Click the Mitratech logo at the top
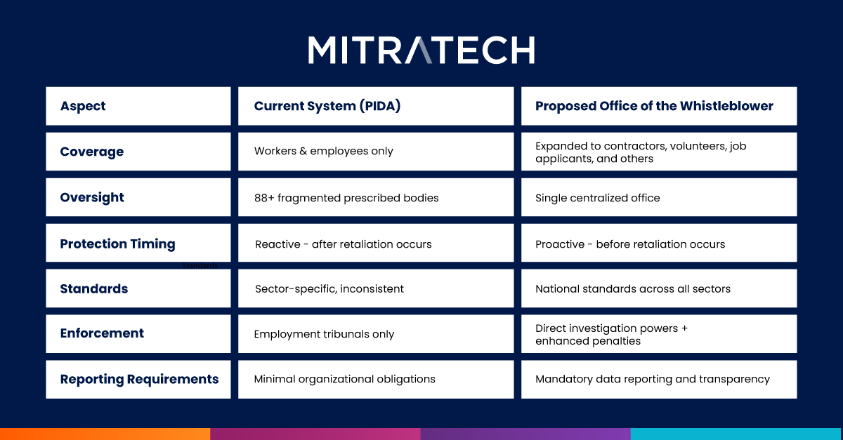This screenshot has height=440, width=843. pos(421,50)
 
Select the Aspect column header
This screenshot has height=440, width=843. pos(83,106)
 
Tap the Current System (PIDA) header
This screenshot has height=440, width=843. pos(327,106)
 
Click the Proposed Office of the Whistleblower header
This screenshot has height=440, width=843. pos(654,106)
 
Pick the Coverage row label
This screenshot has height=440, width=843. pos(92,152)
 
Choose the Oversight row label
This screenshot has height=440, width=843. pos(92,197)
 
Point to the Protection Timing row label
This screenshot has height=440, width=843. pos(117,244)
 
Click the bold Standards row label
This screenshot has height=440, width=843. pos(94,289)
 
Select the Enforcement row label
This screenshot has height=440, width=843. pos(102,333)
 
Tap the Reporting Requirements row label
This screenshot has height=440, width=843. pos(139,379)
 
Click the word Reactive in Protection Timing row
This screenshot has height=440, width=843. pos(277,244)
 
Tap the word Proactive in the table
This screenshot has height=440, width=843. pos(560,244)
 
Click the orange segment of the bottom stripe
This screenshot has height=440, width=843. pos(105,434)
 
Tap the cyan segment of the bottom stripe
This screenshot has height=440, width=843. pos(736,434)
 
